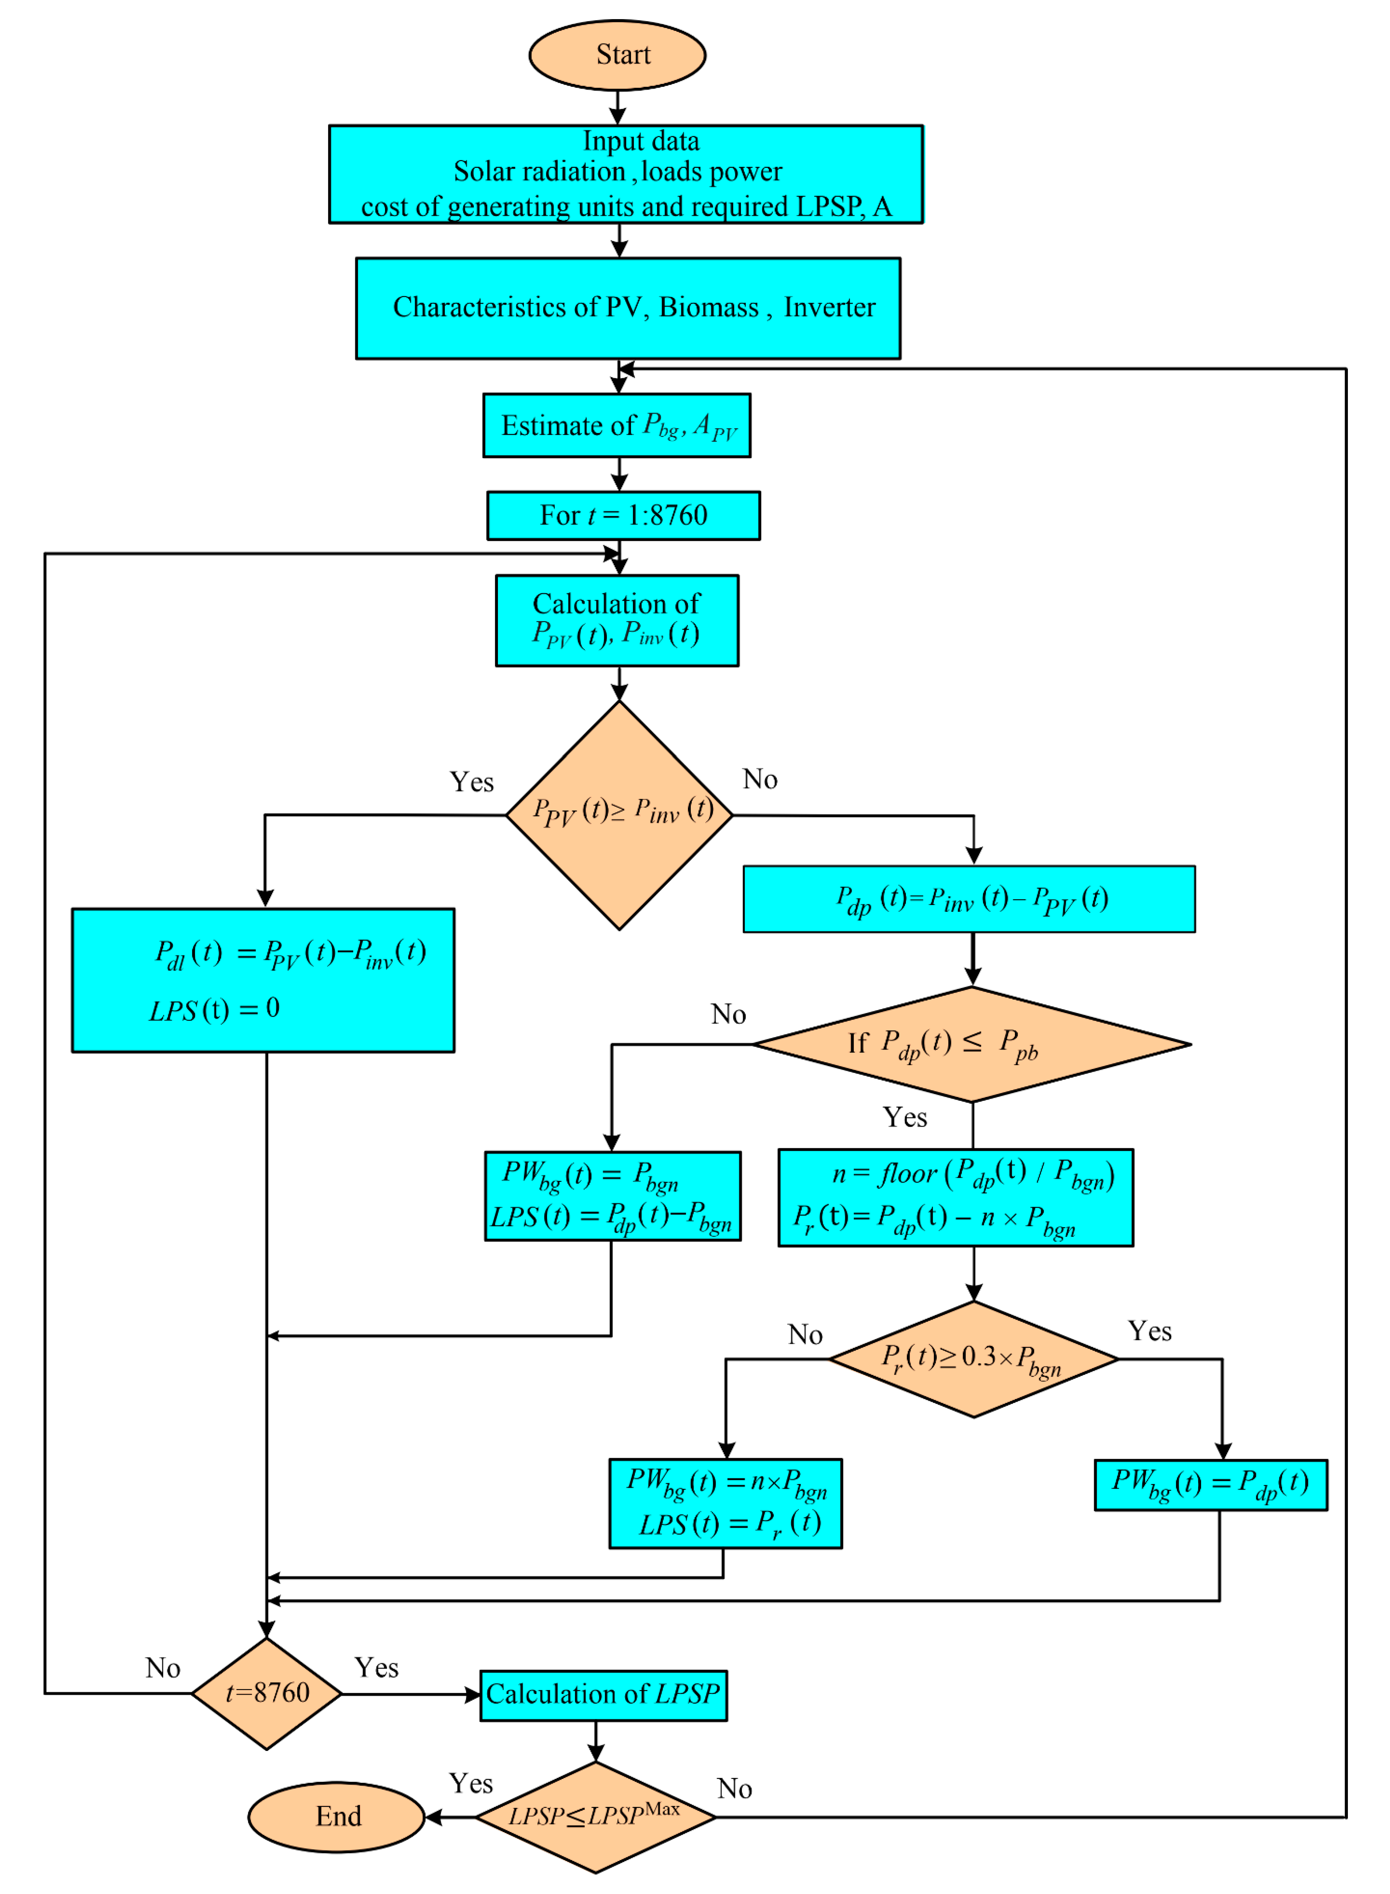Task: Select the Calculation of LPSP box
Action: click(x=603, y=1695)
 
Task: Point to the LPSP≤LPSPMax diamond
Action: click(x=596, y=1816)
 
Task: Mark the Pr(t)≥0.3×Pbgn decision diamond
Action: click(x=973, y=1359)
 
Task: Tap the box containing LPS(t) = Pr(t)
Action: click(x=725, y=1503)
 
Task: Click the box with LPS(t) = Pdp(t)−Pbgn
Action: click(x=613, y=1196)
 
